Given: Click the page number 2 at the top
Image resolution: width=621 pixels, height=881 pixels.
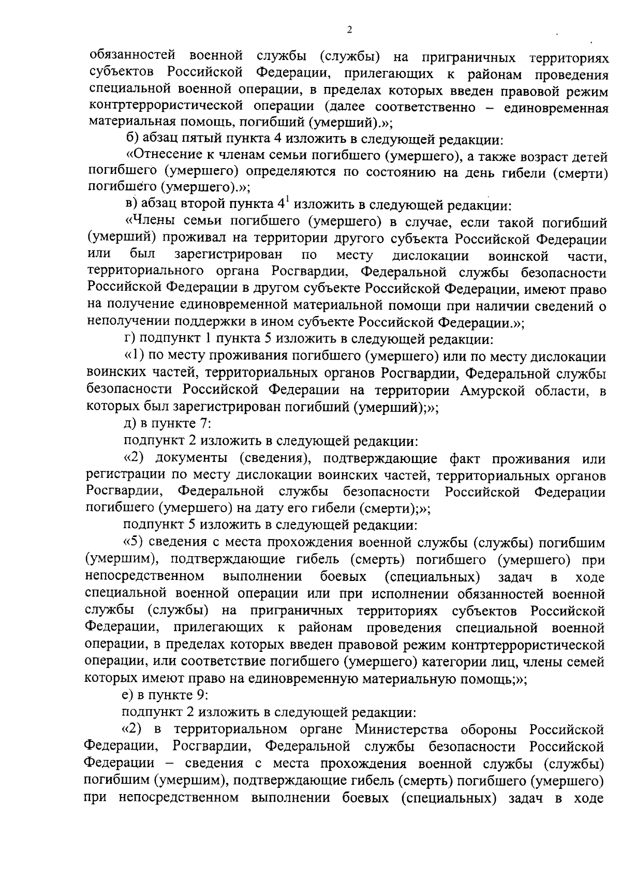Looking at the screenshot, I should click(x=349, y=31).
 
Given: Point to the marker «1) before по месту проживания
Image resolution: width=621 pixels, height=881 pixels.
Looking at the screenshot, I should click(x=135, y=356).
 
